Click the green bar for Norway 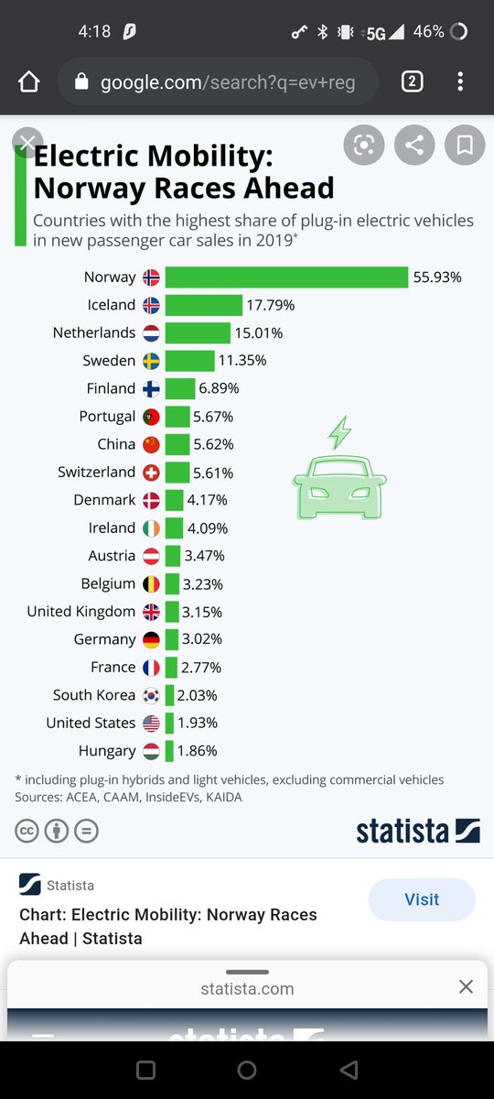(x=285, y=277)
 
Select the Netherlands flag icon (x=151, y=333)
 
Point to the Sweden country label (x=109, y=361)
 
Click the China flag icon (x=151, y=444)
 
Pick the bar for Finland (x=180, y=388)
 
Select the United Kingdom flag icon (x=151, y=612)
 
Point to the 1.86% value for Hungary (x=197, y=751)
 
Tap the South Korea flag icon (x=151, y=695)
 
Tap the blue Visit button (x=421, y=899)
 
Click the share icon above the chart (x=414, y=145)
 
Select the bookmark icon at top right (x=464, y=145)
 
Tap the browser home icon (x=29, y=82)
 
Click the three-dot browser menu (x=459, y=82)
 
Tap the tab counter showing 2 (x=412, y=82)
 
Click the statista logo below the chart (x=417, y=831)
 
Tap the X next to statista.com (x=466, y=987)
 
